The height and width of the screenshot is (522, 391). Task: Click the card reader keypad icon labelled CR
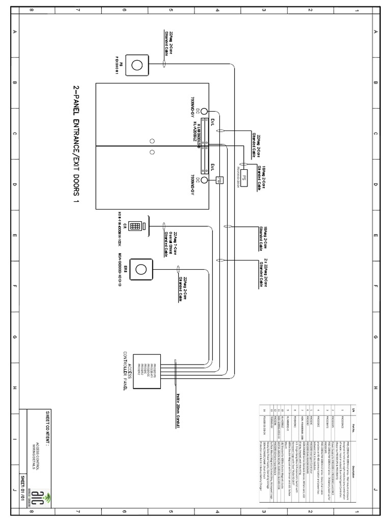pyautogui.click(x=136, y=225)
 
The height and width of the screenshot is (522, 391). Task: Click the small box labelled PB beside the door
pyautogui.click(x=219, y=180)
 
